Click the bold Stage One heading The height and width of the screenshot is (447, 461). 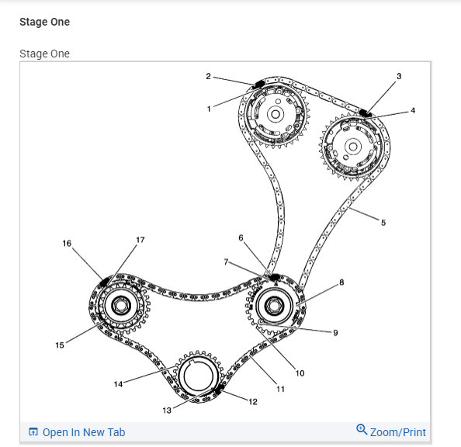tap(44, 23)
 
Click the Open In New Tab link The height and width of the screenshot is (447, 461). tap(83, 432)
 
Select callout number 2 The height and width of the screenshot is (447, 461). tap(209, 76)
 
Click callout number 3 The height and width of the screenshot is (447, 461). tap(399, 76)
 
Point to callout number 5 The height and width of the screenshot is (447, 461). tap(383, 222)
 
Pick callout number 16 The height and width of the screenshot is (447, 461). tap(67, 244)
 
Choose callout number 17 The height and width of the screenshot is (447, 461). tap(140, 241)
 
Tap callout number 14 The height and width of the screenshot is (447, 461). tap(119, 384)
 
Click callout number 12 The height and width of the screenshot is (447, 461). tap(253, 401)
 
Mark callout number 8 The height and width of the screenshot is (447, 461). tap(341, 283)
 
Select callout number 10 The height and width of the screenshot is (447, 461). tap(300, 373)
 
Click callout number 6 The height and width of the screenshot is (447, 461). tap(241, 237)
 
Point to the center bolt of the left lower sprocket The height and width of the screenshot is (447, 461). tap(120, 306)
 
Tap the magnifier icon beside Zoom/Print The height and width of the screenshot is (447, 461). tap(362, 430)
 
